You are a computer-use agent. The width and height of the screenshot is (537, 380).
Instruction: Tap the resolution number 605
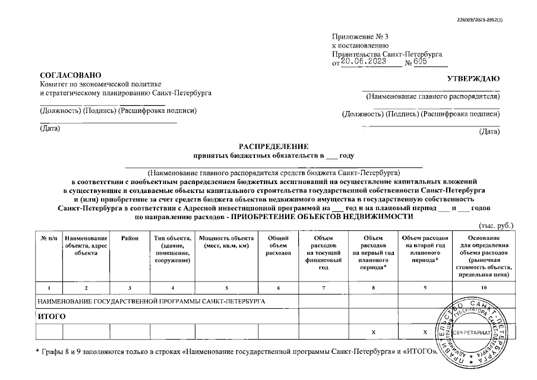click(421, 62)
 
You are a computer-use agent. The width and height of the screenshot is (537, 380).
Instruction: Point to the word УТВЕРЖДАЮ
click(473, 79)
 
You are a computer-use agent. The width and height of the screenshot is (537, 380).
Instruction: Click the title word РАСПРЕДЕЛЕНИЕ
click(274, 146)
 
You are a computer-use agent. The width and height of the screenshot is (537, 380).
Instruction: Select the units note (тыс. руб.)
click(495, 226)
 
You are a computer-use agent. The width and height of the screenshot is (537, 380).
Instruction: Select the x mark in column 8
click(373, 332)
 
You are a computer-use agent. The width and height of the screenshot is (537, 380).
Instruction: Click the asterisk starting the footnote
click(38, 351)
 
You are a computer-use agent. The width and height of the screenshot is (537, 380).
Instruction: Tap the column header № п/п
click(49, 238)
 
